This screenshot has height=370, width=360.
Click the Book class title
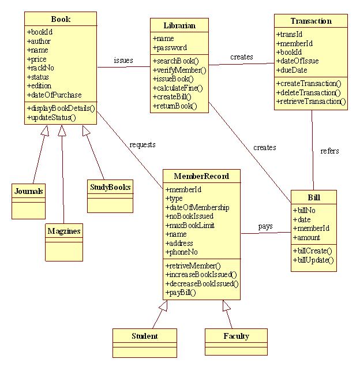(61, 19)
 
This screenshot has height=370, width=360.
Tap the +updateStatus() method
(51, 117)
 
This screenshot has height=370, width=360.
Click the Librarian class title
(179, 25)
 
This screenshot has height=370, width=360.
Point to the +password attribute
(170, 48)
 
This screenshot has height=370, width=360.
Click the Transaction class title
(311, 21)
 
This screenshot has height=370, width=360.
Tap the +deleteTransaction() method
(309, 92)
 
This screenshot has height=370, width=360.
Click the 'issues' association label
(123, 60)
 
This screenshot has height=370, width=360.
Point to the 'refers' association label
(329, 151)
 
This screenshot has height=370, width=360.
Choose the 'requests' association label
(142, 144)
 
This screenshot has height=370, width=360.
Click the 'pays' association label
(265, 226)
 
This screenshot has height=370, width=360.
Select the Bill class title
(314, 197)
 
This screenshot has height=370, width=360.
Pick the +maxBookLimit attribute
(190, 225)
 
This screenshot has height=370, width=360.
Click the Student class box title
(144, 335)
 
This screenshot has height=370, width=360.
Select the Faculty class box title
(236, 335)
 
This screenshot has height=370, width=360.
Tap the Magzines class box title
(64, 231)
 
